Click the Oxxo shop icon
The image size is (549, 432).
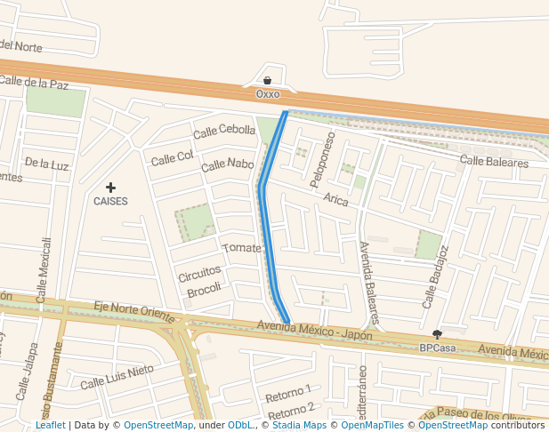pos(267,81)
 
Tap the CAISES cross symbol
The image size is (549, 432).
pos(110,188)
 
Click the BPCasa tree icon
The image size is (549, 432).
pos(437,335)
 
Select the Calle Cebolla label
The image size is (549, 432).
pos(225,132)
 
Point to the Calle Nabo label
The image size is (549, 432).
pos(227,164)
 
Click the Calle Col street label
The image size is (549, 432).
pos(172,158)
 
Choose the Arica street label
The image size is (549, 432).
pos(336,199)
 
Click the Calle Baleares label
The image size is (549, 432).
pos(494,162)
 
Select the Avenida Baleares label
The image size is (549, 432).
pos(369,281)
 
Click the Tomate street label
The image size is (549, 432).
pos(241,248)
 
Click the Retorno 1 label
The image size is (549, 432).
pos(289,392)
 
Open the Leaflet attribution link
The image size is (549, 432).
pos(50,426)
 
